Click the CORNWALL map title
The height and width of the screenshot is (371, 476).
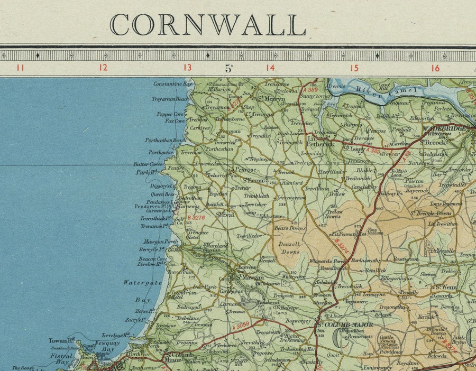[x=207, y=25]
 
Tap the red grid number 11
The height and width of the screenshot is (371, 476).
[x=20, y=68]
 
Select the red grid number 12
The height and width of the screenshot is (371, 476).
[x=103, y=68]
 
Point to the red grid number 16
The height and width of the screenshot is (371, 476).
[x=435, y=68]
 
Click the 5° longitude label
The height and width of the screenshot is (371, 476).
[x=229, y=68]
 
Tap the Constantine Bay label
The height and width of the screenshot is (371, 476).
[x=169, y=84]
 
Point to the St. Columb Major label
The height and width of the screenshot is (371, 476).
[x=344, y=324]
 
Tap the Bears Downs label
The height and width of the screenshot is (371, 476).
[x=290, y=228]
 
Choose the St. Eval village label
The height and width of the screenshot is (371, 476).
[x=225, y=215]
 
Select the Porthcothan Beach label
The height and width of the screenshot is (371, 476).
[x=166, y=141]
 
